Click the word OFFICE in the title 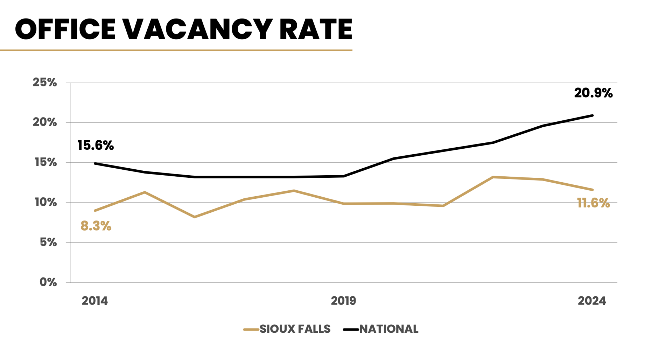point(65,29)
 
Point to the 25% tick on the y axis point(45,83)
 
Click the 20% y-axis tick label point(45,122)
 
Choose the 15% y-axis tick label point(45,162)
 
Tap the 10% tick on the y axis point(45,202)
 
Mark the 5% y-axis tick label point(48,242)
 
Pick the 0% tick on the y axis point(48,282)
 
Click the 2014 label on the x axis point(95,301)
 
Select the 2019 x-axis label point(343,301)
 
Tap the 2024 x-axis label point(592,301)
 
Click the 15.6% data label point(96,146)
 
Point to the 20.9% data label point(593,93)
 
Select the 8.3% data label point(96,226)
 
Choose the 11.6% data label point(593,203)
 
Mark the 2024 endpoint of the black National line point(592,115)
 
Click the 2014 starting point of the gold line point(95,211)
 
